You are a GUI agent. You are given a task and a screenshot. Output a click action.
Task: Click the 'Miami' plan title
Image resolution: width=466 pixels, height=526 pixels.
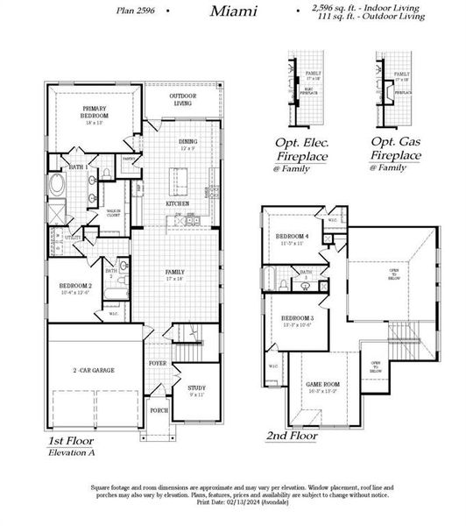tap(233, 11)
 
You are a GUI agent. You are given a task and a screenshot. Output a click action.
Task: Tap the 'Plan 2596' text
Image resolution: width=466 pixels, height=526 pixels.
tap(138, 11)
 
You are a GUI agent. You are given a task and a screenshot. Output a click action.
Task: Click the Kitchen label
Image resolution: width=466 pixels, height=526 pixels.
tap(178, 203)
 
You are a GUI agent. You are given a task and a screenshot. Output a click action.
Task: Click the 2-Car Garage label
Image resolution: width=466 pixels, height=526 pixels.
tap(93, 370)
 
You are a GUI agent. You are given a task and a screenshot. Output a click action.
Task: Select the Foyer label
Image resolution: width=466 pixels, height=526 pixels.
tap(158, 362)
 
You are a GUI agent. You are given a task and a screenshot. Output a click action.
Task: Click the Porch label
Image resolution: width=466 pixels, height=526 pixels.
tap(159, 409)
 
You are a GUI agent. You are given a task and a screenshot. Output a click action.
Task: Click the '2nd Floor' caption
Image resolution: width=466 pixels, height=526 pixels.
tap(293, 435)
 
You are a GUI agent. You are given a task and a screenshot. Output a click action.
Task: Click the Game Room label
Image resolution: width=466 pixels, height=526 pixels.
tap(325, 384)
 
